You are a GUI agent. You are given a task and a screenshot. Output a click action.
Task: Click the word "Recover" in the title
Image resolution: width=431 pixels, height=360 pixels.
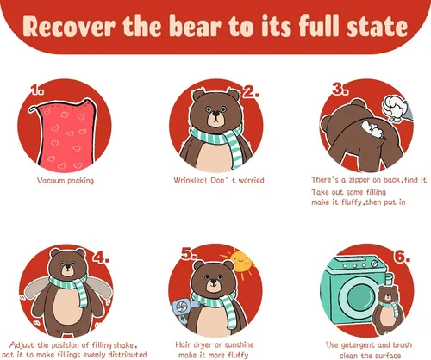coord(69,27)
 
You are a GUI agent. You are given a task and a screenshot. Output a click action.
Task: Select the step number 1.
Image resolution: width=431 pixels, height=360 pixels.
coord(37,90)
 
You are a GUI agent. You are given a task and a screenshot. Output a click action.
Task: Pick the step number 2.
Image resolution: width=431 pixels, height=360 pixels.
coord(251,91)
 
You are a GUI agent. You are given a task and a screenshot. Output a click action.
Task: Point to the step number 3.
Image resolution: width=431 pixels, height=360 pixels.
coord(340,89)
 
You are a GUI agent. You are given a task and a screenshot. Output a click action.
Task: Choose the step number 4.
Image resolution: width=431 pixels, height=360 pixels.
coord(101,257)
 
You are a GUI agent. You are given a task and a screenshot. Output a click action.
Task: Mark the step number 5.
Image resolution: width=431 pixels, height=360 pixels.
coord(190,254)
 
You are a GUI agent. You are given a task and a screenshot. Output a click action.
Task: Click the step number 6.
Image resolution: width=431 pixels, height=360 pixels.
coord(402,256)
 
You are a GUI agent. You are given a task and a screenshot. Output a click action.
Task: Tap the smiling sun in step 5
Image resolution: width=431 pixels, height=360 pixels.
coord(240,262)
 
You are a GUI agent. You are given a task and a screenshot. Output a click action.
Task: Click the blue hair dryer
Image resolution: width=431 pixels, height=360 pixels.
coord(184,308)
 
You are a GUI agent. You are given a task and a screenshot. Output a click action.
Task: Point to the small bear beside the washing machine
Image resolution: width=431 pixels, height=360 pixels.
coord(388,309)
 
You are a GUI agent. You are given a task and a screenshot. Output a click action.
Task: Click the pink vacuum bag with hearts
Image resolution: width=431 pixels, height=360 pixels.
coord(66,135)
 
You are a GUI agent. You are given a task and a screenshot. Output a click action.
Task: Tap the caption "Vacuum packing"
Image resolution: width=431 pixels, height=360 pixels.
coord(66,181)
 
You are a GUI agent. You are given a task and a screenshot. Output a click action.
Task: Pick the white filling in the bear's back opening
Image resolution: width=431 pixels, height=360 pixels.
coord(372,129)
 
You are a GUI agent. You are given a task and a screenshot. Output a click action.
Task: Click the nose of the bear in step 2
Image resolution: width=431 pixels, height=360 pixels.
coord(215,114)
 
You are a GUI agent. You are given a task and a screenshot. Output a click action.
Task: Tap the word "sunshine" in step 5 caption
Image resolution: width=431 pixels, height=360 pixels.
coord(239,344)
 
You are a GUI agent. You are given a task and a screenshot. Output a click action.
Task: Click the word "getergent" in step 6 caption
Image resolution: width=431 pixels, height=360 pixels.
coord(358,345)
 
